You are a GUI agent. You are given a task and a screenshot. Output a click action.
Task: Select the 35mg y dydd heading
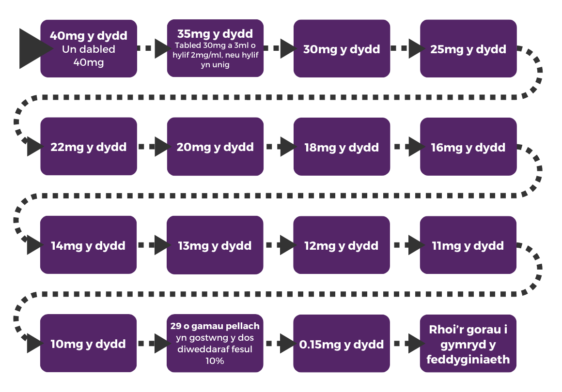[215, 34]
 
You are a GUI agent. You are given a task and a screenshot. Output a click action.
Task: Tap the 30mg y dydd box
[342, 49]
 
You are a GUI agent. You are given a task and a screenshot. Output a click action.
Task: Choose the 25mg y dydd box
[468, 49]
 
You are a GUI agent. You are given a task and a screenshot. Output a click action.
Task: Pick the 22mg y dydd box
[89, 147]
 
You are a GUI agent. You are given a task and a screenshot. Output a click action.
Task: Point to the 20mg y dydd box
[215, 147]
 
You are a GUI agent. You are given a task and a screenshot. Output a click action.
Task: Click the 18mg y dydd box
[342, 147]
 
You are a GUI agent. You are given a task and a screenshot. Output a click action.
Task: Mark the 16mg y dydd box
[468, 147]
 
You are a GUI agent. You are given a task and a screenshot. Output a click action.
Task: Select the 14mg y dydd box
[89, 245]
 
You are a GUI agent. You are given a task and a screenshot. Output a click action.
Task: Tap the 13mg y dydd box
[215, 245]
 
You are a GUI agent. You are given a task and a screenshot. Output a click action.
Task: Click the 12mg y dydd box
[342, 245]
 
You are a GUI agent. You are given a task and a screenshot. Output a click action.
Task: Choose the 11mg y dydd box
[468, 245]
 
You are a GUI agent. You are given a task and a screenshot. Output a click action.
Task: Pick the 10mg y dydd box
[89, 344]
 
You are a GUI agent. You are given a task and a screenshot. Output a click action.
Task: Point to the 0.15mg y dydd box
[342, 344]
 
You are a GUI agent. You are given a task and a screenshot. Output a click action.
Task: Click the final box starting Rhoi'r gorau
[468, 344]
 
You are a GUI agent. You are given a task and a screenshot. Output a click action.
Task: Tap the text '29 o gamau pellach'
[215, 326]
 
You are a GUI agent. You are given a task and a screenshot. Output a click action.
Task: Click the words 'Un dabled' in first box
[89, 49]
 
